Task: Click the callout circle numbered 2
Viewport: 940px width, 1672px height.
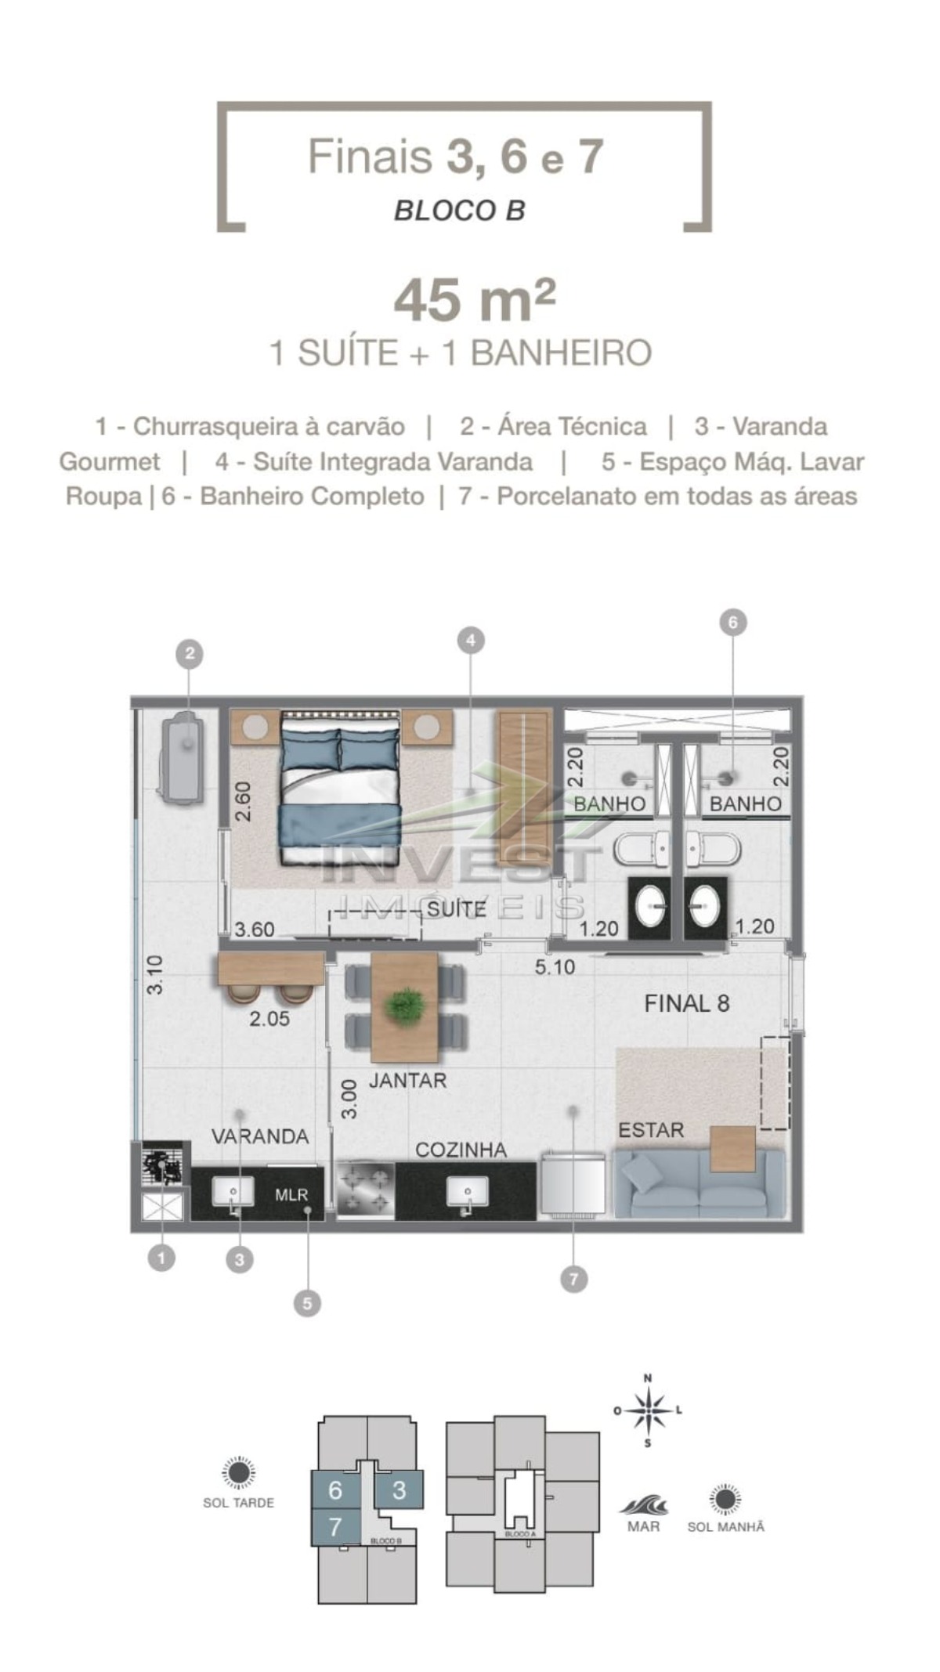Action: (x=190, y=654)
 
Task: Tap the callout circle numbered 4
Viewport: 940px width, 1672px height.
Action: (x=470, y=641)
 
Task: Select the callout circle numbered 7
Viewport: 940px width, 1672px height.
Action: (x=573, y=1280)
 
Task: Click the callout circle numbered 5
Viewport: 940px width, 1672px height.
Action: (x=307, y=1303)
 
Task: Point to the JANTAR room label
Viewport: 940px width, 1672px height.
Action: (x=407, y=1081)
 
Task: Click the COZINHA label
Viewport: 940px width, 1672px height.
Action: (x=461, y=1150)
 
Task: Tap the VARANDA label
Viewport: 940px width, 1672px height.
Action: (x=260, y=1136)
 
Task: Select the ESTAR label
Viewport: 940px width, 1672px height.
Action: (x=651, y=1130)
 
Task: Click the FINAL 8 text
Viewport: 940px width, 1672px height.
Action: (x=687, y=1003)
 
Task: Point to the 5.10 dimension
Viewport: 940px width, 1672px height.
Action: (x=555, y=967)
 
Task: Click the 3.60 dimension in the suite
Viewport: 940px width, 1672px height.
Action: (x=255, y=930)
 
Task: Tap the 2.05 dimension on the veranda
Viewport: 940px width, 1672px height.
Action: (x=269, y=1019)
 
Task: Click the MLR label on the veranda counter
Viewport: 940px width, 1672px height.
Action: (x=291, y=1196)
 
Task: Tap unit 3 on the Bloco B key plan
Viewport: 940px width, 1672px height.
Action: (x=399, y=1490)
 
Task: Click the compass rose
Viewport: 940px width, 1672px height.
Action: (x=648, y=1410)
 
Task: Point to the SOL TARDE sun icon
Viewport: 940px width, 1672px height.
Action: (x=238, y=1473)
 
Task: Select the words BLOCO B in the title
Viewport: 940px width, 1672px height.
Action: (x=460, y=211)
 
